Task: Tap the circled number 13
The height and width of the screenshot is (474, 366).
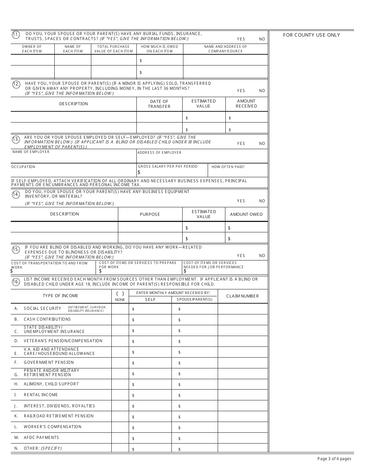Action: click(16, 140)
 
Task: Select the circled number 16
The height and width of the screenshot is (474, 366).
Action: click(16, 282)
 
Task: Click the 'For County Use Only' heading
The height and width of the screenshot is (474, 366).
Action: click(311, 35)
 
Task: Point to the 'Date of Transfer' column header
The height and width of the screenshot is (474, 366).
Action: click(159, 104)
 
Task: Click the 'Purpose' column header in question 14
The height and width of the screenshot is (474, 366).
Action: click(150, 214)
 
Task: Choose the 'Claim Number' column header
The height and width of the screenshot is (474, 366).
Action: click(242, 296)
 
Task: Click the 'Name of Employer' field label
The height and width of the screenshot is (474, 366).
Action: click(31, 152)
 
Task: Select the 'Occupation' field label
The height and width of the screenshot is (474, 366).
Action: click(24, 167)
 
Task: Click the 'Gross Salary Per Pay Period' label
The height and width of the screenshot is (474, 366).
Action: click(168, 166)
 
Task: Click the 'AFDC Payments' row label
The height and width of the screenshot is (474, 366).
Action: click(41, 437)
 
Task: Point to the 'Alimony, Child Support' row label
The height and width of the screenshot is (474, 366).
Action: click(51, 384)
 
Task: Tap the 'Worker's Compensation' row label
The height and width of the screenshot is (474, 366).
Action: click(52, 427)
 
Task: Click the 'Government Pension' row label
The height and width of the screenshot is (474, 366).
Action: click(49, 362)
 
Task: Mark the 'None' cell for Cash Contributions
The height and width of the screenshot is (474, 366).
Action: click(120, 319)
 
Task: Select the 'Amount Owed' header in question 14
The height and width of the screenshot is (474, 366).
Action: click(246, 214)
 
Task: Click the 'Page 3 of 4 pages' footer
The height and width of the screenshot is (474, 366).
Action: click(334, 459)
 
